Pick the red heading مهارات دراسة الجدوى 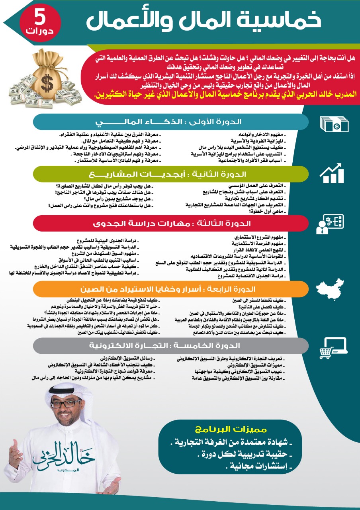171,224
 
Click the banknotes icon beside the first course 334,124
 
